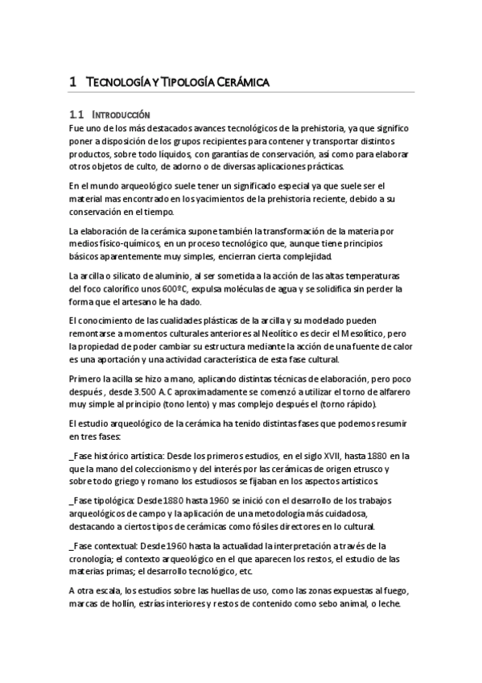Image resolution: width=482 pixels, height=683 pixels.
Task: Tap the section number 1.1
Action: (78, 115)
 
